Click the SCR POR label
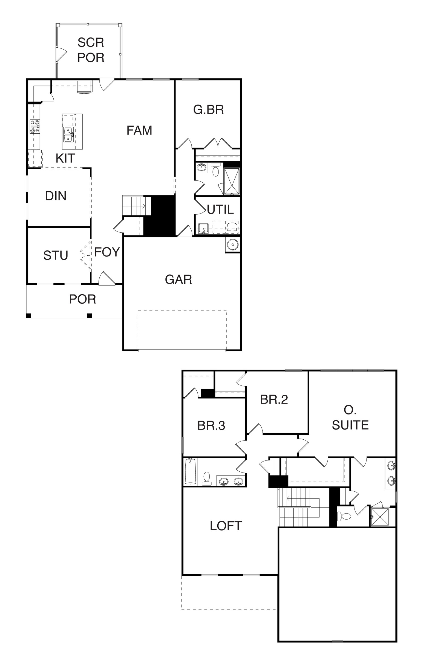(x=91, y=50)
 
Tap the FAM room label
(x=139, y=130)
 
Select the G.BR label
(x=209, y=109)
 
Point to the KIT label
(x=65, y=158)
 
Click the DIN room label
(x=56, y=196)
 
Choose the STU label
(x=56, y=255)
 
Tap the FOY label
(x=107, y=252)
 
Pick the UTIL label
(x=220, y=209)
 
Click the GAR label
(x=178, y=279)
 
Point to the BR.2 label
(x=274, y=399)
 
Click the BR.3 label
(x=211, y=426)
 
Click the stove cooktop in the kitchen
(x=35, y=126)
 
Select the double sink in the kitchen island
(x=68, y=134)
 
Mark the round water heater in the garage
(x=233, y=245)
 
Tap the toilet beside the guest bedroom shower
(x=215, y=170)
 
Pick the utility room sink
(x=203, y=228)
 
